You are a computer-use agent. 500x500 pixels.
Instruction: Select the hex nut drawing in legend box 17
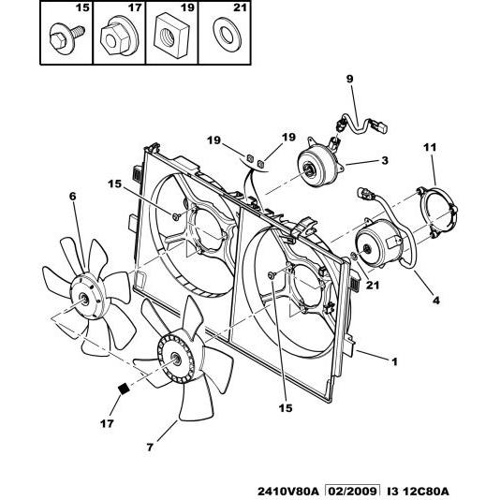click(119, 37)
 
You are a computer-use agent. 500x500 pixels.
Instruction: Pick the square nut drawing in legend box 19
click(171, 35)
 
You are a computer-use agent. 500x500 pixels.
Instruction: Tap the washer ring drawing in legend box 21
click(227, 35)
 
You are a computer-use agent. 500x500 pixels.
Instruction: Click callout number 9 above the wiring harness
click(350, 79)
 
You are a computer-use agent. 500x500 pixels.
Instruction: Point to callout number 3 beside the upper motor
click(385, 160)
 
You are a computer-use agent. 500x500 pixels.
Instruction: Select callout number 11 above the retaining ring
click(430, 147)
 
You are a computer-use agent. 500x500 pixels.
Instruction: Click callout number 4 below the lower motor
click(436, 300)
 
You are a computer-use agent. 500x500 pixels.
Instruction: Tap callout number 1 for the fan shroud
click(395, 362)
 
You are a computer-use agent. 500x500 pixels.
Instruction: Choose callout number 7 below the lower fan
click(150, 448)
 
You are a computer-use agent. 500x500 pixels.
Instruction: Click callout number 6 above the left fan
click(73, 196)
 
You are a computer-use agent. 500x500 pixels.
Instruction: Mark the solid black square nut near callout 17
click(124, 389)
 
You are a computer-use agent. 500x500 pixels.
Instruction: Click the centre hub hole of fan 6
click(84, 299)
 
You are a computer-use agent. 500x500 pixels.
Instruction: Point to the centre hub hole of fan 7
click(176, 359)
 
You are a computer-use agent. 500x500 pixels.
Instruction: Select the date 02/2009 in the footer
click(352, 492)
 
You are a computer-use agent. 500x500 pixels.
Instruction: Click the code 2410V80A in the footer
click(288, 492)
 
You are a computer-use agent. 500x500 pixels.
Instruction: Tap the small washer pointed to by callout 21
click(353, 256)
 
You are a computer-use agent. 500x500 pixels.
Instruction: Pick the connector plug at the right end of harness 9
click(382, 126)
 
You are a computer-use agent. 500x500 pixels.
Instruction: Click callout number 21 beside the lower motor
click(373, 285)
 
